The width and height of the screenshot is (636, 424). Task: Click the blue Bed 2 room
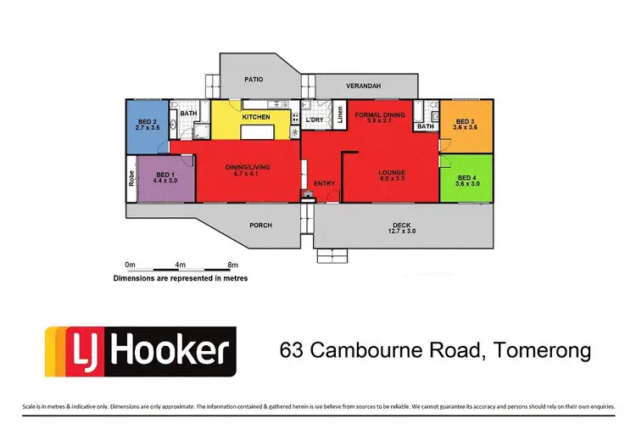[147, 127]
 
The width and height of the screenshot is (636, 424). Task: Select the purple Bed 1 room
[165, 179]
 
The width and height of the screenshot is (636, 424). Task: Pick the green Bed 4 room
[465, 179]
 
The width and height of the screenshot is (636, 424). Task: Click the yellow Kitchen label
[256, 116]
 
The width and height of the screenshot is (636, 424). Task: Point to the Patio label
[254, 80]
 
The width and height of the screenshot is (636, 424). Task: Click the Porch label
[260, 226]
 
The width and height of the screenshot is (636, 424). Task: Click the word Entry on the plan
[324, 183]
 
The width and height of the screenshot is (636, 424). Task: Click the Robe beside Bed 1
[131, 180]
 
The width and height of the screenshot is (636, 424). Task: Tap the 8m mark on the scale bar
[233, 265]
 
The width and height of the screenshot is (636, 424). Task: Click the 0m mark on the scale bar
[130, 265]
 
